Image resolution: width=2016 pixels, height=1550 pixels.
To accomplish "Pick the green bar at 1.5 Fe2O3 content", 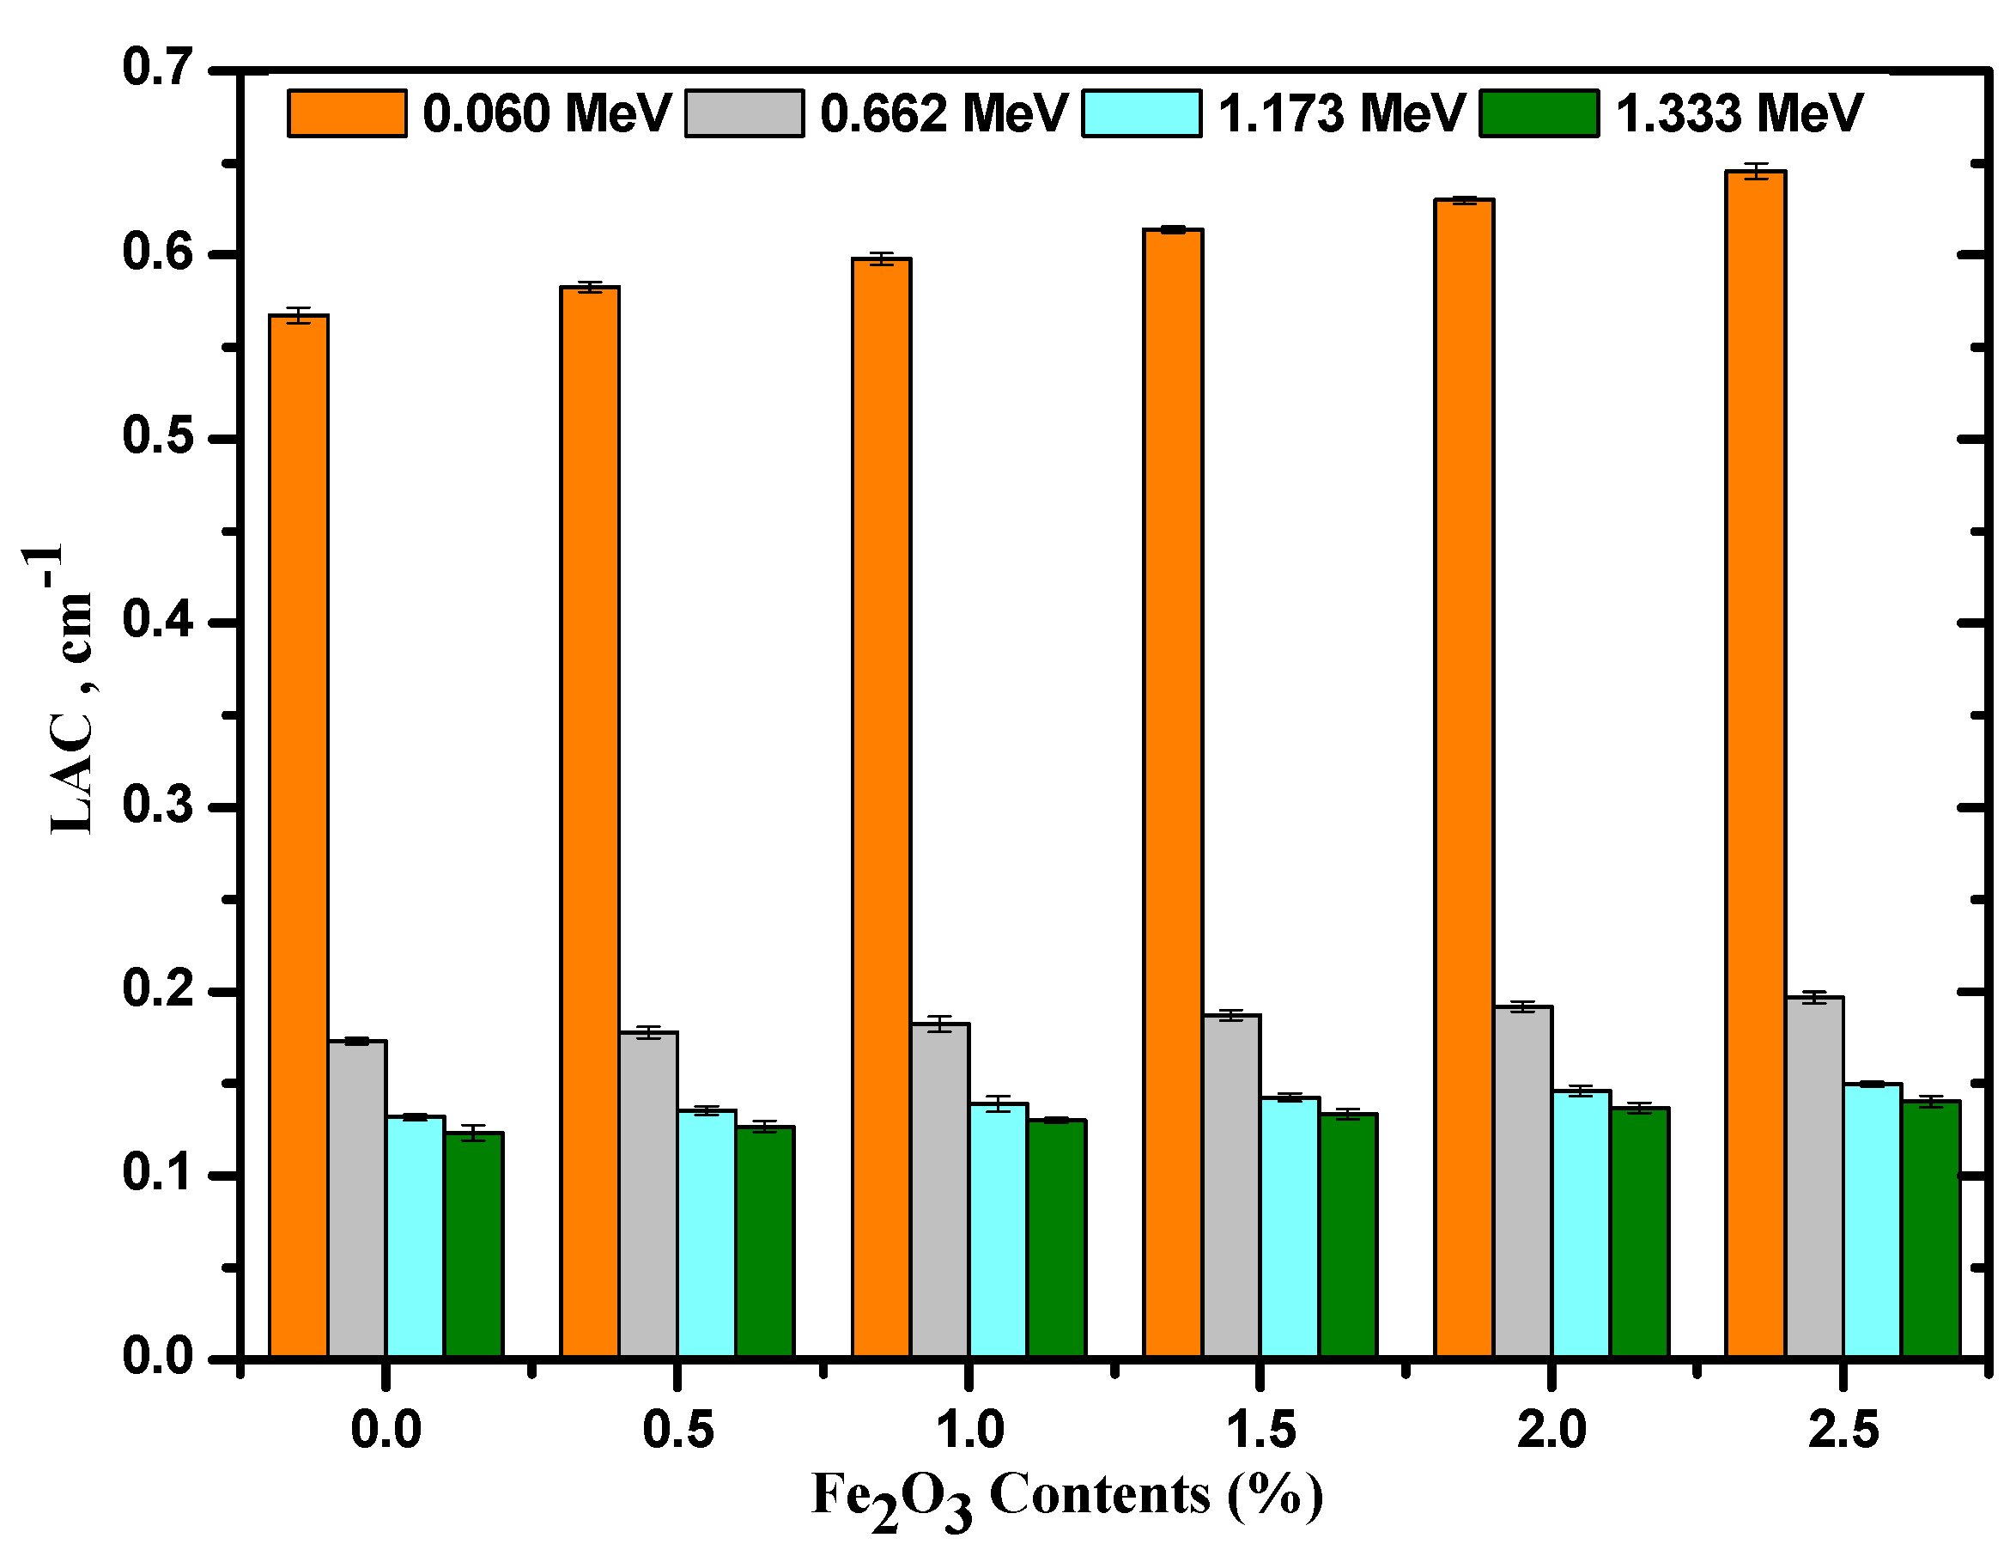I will click(1347, 1236).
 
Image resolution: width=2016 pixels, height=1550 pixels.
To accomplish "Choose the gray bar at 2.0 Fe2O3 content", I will click(1522, 1182).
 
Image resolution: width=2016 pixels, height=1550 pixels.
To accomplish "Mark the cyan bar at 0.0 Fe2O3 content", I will click(415, 1237).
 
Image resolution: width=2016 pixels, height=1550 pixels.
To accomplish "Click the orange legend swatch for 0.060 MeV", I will click(347, 113).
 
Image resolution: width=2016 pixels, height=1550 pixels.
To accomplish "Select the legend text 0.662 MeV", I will click(944, 113).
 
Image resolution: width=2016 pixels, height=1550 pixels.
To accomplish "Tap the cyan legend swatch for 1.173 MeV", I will click(1142, 113).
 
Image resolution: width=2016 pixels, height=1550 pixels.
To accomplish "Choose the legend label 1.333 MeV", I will click(1740, 113).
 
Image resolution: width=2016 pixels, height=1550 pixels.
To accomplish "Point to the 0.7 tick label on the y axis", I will click(158, 69).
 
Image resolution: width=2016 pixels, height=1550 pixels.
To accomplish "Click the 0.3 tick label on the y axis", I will click(158, 806).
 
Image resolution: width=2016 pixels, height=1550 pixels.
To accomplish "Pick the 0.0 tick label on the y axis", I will click(158, 1357).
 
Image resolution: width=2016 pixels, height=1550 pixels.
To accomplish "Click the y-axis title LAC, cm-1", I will click(70, 692).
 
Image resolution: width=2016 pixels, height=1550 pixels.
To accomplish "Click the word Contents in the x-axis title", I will click(1099, 1496).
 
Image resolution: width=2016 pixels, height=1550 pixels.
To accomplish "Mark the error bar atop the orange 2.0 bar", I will click(1464, 200).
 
